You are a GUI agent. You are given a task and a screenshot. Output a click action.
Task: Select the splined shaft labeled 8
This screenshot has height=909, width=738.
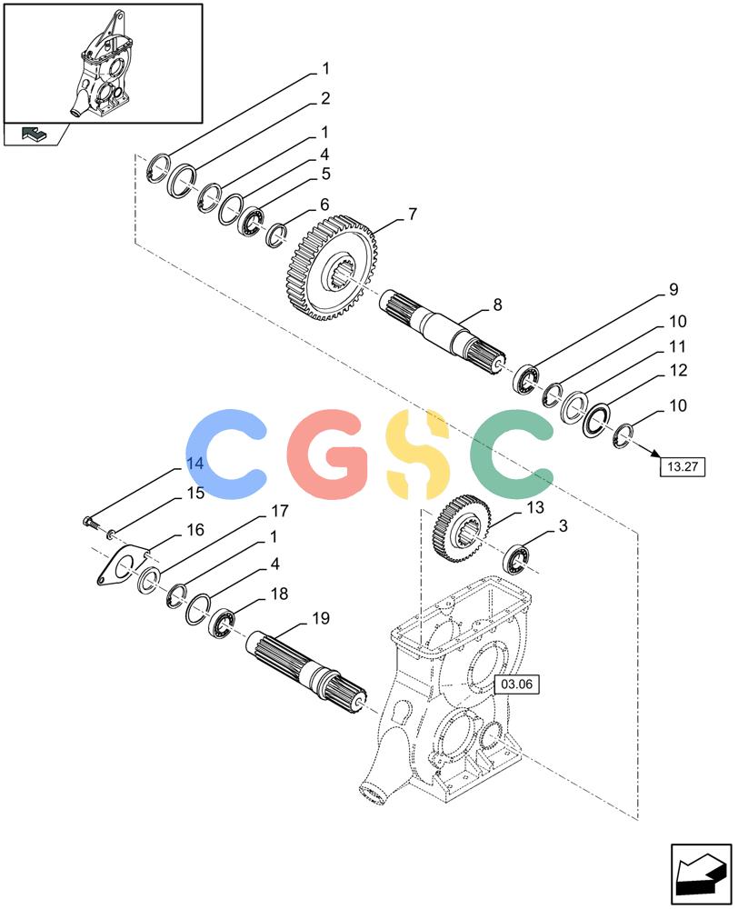tap(443, 332)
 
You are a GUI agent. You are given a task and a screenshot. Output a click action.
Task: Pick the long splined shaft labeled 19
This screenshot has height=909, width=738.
tap(306, 672)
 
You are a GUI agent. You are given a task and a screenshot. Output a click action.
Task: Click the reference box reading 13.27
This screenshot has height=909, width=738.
tap(683, 466)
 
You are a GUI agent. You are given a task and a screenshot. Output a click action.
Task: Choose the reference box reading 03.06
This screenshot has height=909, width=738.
tap(516, 684)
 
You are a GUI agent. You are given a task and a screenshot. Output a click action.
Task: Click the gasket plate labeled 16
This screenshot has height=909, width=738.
tap(123, 564)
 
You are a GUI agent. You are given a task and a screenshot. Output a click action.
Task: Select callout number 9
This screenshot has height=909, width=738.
tap(673, 289)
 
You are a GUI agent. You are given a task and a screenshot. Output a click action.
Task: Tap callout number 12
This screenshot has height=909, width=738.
tap(678, 370)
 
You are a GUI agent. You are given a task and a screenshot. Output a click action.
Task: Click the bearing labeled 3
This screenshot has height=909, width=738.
tap(517, 559)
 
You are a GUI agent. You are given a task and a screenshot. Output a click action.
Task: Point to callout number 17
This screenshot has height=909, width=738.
tap(279, 511)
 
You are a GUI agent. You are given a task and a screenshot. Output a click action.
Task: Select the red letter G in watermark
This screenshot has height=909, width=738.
tap(329, 454)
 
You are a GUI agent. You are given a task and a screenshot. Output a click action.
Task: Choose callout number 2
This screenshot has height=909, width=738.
tap(325, 98)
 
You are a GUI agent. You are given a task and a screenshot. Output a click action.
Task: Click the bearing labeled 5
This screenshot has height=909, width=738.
tap(252, 221)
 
